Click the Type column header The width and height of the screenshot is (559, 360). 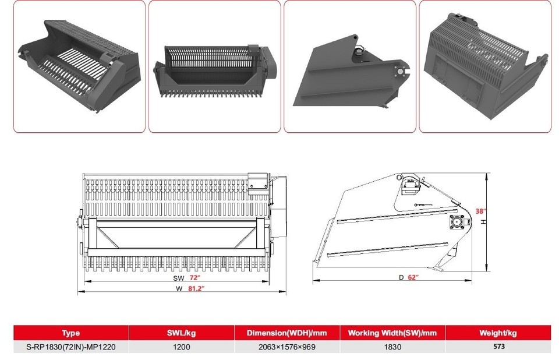(70, 333)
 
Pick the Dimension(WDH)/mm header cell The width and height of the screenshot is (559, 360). (286, 333)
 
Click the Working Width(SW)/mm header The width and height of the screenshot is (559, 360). (392, 333)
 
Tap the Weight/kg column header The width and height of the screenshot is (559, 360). (497, 333)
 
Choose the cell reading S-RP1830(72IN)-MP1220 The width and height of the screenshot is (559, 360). (70, 346)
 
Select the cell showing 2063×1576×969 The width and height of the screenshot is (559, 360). (286, 346)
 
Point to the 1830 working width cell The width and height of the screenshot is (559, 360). (392, 346)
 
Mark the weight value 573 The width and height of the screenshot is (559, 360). (497, 346)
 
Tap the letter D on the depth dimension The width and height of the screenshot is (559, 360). (401, 277)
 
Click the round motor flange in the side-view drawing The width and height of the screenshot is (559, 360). (457, 223)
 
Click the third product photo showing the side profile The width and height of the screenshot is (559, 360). (349, 66)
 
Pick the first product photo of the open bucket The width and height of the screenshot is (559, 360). (79, 66)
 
